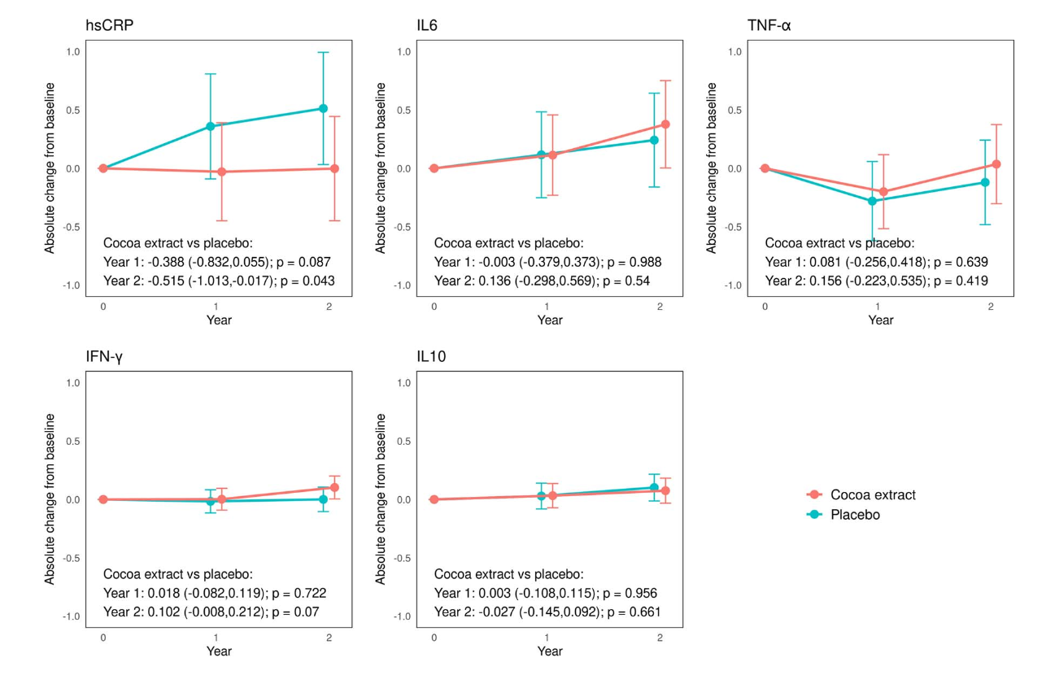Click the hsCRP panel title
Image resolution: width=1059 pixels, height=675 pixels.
110,26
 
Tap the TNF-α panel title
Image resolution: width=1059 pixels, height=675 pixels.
769,26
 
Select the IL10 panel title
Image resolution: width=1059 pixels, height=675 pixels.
431,357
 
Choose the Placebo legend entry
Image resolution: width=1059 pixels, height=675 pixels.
854,515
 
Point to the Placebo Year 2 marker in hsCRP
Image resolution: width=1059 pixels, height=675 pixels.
323,108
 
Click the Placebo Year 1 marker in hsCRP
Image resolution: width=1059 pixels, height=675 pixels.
211,126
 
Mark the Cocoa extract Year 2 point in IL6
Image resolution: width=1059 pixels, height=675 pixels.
665,124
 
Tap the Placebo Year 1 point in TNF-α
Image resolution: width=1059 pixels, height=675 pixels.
872,201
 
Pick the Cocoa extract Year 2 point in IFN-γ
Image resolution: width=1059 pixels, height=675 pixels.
334,487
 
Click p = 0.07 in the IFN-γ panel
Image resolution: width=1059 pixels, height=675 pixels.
295,612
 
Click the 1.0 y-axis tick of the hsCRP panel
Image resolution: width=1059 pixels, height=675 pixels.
73,52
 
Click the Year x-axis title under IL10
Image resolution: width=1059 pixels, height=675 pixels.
550,651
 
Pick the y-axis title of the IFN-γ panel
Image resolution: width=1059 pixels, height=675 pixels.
50,499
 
